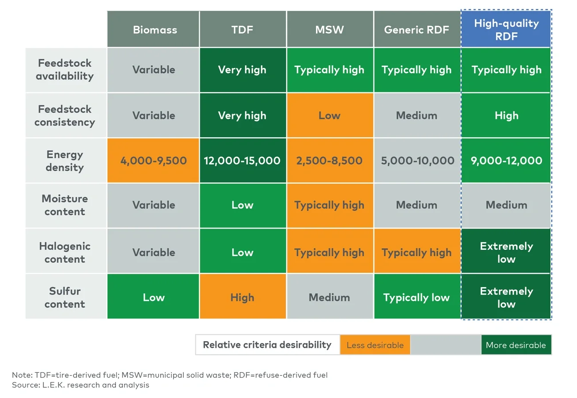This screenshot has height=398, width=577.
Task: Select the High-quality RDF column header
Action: point(506,30)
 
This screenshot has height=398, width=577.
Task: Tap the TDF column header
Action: point(242,30)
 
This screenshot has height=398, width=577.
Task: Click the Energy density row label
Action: point(65,161)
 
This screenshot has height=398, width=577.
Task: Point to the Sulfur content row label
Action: point(65,298)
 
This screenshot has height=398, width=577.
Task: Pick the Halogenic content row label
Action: point(65,252)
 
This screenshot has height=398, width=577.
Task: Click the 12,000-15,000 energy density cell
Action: point(242,161)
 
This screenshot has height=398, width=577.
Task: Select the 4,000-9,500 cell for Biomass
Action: point(154,161)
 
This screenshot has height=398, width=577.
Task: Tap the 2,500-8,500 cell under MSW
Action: point(329,161)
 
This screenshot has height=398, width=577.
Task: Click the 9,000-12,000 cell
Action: point(506,161)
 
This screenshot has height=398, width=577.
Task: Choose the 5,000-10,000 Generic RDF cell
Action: point(417,161)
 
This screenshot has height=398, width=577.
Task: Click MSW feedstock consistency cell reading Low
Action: point(329,115)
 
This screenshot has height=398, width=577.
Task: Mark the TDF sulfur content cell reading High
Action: point(242,297)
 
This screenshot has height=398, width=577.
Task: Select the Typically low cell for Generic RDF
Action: point(416,297)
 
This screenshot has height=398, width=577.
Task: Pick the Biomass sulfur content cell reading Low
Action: point(154,297)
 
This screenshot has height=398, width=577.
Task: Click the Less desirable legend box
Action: point(375,345)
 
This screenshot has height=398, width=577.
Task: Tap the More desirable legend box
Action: point(516,345)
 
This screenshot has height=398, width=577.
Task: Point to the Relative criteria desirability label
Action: point(267,345)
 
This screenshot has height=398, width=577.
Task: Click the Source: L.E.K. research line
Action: point(81,385)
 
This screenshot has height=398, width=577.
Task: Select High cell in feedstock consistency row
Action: point(506,115)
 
